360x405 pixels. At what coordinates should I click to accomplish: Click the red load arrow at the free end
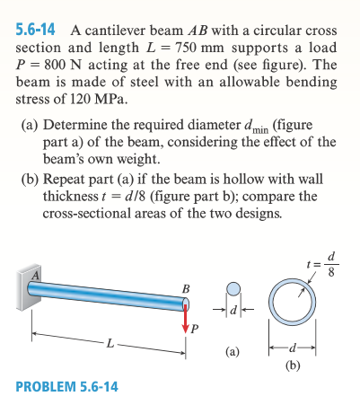(187, 317)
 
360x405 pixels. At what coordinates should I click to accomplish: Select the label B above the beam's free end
(186, 287)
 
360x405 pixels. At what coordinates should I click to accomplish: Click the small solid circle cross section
(233, 289)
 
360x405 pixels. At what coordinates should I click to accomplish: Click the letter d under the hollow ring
(297, 348)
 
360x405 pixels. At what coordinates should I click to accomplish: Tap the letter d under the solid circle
(233, 313)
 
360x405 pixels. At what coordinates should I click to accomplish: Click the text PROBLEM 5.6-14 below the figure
(71, 388)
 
